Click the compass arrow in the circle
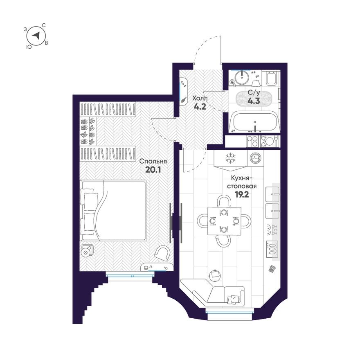coord(36,36)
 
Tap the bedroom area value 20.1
coord(153,170)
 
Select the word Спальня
coord(153,161)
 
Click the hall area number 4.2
coord(200,106)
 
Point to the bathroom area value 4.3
coord(254,101)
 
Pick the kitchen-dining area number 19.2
coord(242,195)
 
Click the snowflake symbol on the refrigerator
coord(230,158)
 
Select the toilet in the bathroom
coord(271,79)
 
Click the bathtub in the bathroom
coord(254,122)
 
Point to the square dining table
coord(224,221)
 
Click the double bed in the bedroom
coord(113,211)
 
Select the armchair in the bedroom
coord(162,253)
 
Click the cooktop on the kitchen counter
coord(272,249)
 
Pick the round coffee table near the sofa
coord(215,274)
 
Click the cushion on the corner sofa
coord(232,299)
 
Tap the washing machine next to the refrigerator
coord(255,158)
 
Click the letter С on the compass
coord(44,25)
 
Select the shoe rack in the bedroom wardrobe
coord(88,131)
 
